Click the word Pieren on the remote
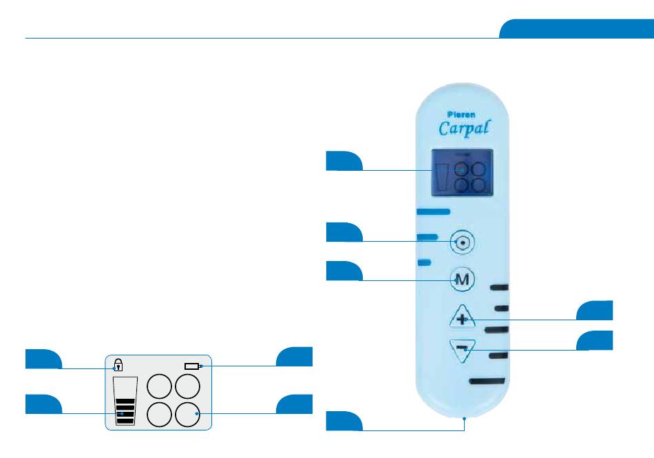(x=461, y=114)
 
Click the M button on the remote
(x=463, y=280)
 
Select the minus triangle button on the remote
(x=463, y=350)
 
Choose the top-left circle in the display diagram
(x=160, y=386)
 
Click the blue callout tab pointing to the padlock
(x=43, y=359)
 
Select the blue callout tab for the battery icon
(x=295, y=357)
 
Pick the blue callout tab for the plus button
(x=595, y=310)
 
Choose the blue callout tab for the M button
(x=344, y=271)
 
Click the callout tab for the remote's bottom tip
(x=344, y=420)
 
